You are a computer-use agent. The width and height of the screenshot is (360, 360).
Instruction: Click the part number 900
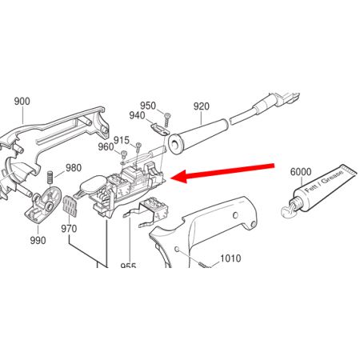pos(22,102)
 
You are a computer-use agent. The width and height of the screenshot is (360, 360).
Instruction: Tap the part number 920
pos(202,106)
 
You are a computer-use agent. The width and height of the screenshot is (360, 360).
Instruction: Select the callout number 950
pos(148,106)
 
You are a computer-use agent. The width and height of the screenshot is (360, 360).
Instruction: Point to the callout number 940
pos(137,115)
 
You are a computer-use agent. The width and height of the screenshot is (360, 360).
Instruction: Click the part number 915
pos(122,140)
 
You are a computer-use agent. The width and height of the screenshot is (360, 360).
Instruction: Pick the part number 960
pos(106,146)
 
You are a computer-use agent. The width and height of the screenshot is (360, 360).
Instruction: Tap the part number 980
pos(74,168)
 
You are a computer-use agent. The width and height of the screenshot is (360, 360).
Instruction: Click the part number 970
pos(69,229)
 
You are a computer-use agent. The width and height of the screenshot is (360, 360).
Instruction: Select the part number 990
pos(38,240)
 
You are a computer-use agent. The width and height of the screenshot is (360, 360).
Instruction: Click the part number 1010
pos(230,258)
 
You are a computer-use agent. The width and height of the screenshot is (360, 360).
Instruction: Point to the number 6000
pos(301,172)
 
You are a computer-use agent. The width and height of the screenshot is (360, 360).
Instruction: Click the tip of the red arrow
pos(170,178)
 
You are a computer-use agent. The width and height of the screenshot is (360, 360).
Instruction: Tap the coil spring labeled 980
pos(50,178)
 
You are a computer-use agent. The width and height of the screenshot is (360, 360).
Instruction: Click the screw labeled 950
pos(167,120)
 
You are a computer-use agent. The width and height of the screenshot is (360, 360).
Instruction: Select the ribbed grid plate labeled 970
pos(70,206)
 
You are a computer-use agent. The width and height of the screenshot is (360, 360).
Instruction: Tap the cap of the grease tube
pos(288,210)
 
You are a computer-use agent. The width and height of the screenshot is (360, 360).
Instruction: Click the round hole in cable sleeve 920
pos(174,144)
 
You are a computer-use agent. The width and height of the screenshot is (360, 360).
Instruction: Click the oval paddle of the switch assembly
pos(94,183)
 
